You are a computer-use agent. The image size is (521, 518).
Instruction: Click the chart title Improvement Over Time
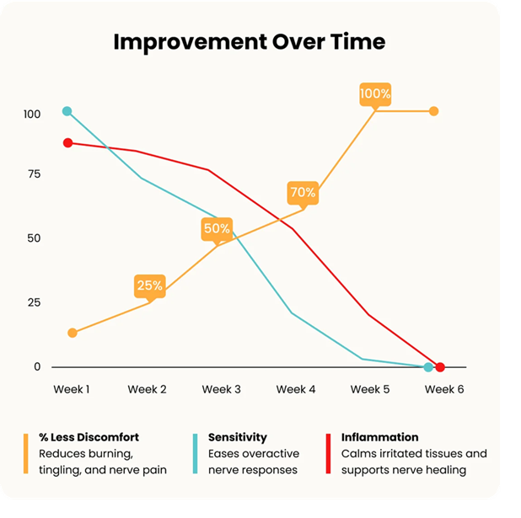(x=250, y=42)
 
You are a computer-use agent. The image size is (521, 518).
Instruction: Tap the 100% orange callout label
(x=375, y=94)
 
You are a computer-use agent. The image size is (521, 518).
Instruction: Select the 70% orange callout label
(x=303, y=193)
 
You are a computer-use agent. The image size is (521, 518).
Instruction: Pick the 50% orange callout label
(x=217, y=229)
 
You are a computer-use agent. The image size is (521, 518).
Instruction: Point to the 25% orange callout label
(x=150, y=286)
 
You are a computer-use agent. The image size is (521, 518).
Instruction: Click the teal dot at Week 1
(x=67, y=111)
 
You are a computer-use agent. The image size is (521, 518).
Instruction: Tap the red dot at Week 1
(x=67, y=143)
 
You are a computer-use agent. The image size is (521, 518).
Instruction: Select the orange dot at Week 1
(x=73, y=333)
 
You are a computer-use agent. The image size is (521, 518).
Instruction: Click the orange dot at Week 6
(x=433, y=111)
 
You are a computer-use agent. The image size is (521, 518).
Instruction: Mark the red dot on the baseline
(x=440, y=367)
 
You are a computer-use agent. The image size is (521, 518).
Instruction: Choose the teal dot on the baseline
(x=428, y=367)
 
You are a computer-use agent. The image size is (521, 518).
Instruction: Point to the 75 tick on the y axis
(x=35, y=174)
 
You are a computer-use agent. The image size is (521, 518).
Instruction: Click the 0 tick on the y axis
(x=37, y=366)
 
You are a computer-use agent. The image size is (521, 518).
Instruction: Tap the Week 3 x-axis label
(x=221, y=389)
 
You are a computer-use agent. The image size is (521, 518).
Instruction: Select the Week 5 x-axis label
(x=370, y=389)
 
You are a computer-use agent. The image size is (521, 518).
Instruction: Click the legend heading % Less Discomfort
(x=89, y=437)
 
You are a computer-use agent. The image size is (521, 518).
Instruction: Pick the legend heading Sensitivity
(x=238, y=438)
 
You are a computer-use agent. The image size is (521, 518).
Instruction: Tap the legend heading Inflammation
(x=379, y=437)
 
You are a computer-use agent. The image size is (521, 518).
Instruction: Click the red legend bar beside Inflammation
(x=328, y=454)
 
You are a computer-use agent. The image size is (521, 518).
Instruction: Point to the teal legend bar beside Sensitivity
(x=195, y=454)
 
